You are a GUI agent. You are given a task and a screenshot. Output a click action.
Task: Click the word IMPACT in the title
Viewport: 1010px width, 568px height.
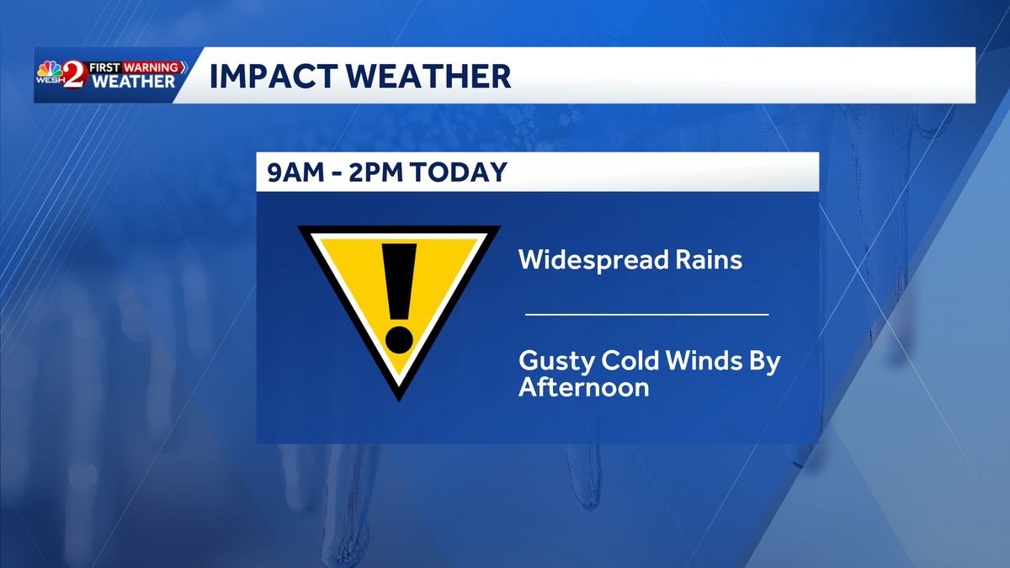point(263,76)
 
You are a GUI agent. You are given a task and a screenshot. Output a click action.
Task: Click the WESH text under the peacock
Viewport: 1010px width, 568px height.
point(50,83)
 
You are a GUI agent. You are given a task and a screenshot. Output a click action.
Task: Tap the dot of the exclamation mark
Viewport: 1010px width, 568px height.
point(399,339)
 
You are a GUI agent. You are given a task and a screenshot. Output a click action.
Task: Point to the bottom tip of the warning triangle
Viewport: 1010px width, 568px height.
point(399,398)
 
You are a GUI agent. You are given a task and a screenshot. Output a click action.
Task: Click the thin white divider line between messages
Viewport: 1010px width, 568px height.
point(646,314)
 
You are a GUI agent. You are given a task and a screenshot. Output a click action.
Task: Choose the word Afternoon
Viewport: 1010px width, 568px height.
point(584,388)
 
